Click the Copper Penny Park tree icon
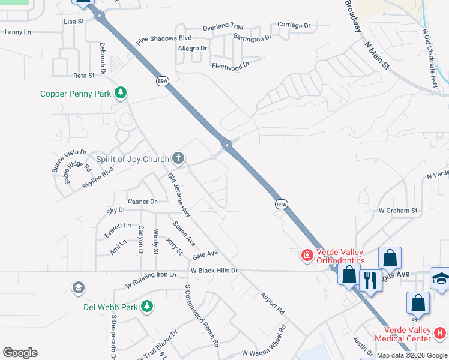[x=121, y=92]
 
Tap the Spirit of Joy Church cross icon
[x=178, y=158]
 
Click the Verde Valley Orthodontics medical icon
[x=307, y=256]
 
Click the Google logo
[x=20, y=353]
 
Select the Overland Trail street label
[x=223, y=27]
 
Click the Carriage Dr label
[x=294, y=25]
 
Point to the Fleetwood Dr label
[x=230, y=65]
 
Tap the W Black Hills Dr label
[x=214, y=271]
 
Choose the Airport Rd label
[x=273, y=304]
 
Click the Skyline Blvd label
[x=98, y=179]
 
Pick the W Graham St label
[x=397, y=211]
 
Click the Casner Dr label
[x=142, y=202]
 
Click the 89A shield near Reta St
[x=161, y=81]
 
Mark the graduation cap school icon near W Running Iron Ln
[x=77, y=289]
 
